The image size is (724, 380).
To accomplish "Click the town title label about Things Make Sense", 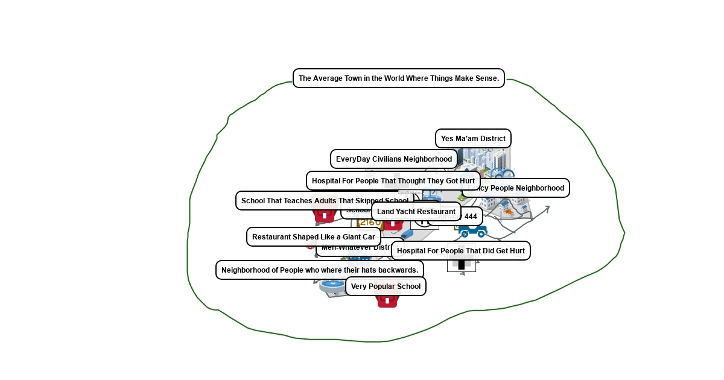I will click(x=398, y=78).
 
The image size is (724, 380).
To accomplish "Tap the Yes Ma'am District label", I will click(x=473, y=139).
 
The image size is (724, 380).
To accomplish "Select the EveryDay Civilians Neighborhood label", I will click(x=393, y=159).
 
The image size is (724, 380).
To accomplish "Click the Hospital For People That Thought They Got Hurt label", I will click(x=393, y=181).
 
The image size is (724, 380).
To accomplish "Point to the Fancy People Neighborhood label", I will click(x=519, y=188).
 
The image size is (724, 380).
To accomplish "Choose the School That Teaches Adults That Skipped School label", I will click(x=324, y=201).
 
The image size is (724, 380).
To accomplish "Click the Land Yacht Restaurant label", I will click(x=416, y=212).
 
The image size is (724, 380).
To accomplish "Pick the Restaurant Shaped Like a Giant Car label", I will click(x=313, y=237).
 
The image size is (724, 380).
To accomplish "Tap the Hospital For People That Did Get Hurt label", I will click(x=460, y=251).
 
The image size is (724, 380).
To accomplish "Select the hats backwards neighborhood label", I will click(x=319, y=270).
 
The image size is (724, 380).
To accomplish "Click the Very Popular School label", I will click(x=386, y=287).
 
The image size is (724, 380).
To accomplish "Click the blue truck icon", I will click(x=472, y=230).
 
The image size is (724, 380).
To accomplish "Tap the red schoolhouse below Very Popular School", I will click(x=387, y=300).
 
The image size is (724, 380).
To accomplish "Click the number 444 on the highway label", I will click(x=471, y=217).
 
